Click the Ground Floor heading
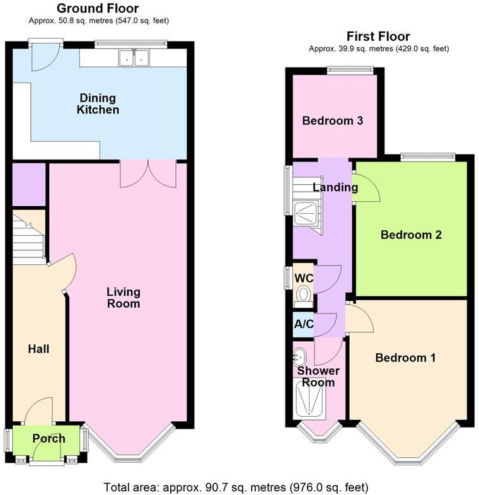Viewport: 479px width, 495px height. tap(98, 8)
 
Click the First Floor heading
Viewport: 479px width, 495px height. tap(378, 37)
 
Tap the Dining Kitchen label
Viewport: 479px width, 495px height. tap(98, 104)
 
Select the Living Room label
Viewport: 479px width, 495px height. tap(123, 298)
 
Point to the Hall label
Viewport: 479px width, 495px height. tap(38, 349)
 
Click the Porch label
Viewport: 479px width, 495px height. tap(49, 439)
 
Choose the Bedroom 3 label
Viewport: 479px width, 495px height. tap(333, 120)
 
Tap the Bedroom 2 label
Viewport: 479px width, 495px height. tap(411, 235)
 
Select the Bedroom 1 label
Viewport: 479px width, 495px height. tap(405, 358)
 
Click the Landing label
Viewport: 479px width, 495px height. tap(335, 187)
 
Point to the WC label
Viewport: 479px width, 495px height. tap(304, 278)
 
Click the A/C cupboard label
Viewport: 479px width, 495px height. tap(304, 325)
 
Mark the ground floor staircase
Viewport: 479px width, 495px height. tap(28, 240)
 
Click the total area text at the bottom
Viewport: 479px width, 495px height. tap(236, 487)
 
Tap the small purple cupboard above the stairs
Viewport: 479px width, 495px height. tap(28, 184)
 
